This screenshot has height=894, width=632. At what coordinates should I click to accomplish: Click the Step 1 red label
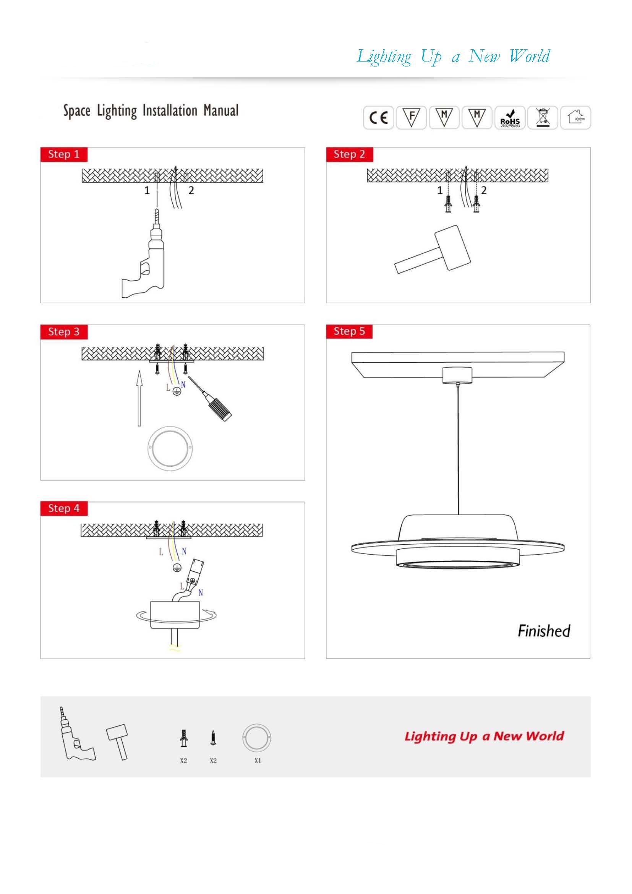point(64,154)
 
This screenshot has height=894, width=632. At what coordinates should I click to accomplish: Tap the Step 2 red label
point(349,154)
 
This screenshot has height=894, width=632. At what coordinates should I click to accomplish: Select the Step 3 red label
point(64,332)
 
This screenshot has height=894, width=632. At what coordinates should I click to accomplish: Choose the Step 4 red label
point(64,508)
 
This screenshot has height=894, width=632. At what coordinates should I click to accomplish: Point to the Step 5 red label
point(349,331)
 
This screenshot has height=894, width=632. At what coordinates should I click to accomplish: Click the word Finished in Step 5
point(544,631)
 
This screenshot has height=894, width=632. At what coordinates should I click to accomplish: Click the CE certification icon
point(378,117)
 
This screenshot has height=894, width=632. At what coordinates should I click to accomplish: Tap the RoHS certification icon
point(510,117)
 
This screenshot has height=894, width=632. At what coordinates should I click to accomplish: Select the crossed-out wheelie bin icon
point(543,117)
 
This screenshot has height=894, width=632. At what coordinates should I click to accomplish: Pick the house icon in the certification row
point(575,117)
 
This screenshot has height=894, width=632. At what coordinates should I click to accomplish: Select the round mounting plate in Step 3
point(170,448)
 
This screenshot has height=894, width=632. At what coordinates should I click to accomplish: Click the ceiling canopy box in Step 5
point(457,375)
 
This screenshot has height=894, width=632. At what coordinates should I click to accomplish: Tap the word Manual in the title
point(220,110)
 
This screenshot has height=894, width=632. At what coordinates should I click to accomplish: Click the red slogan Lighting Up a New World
point(484,736)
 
